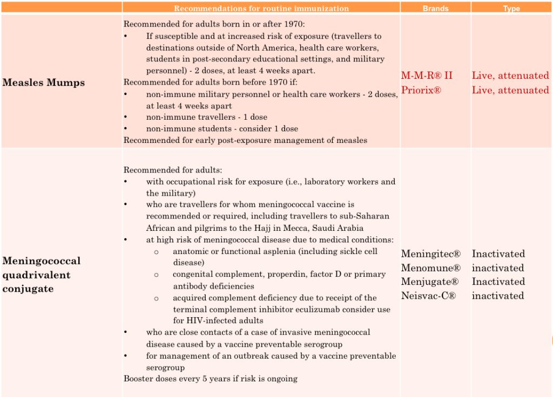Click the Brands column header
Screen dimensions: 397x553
[x=435, y=8]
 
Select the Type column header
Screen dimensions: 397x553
[x=511, y=8]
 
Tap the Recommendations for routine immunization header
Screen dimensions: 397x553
[x=261, y=8]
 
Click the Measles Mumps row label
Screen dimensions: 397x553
[x=44, y=83]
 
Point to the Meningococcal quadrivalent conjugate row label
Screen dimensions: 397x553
[x=42, y=275]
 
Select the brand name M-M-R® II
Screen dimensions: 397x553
[x=427, y=76]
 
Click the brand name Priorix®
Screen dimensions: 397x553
[x=421, y=90]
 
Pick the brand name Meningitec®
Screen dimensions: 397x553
[x=430, y=254]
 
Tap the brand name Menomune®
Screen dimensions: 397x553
[x=430, y=268]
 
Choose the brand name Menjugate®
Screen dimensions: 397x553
[x=430, y=282]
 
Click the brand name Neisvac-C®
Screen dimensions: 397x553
[x=428, y=296]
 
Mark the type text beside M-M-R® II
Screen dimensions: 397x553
[x=510, y=76]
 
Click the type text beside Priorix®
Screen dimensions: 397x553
[x=510, y=90]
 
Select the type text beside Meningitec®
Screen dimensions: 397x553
[x=498, y=254]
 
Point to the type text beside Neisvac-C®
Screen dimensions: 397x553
[x=497, y=296]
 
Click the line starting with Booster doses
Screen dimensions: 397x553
[x=211, y=379]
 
